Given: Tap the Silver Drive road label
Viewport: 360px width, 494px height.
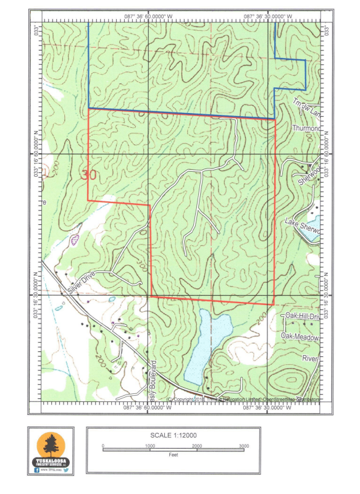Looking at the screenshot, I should click(81, 283).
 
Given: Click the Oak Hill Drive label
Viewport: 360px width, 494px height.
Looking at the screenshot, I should click(303, 316).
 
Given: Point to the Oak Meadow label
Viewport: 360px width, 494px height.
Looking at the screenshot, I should click(301, 337).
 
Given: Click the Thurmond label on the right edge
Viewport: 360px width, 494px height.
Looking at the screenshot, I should click(307, 128).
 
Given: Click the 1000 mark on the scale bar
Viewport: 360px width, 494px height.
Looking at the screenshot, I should click(150, 446).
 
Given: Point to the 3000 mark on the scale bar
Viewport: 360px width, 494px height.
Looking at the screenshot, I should click(244, 446).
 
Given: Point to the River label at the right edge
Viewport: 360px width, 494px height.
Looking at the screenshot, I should click(310, 358).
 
